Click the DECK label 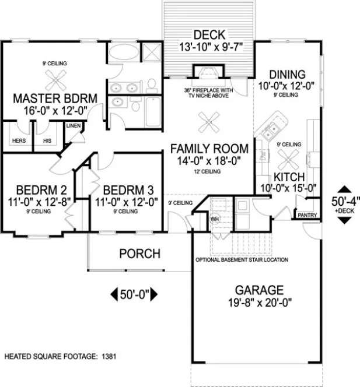(x=209, y=34)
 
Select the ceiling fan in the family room (x=208, y=123)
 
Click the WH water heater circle (x=214, y=219)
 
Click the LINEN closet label (x=73, y=125)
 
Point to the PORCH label (x=139, y=254)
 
